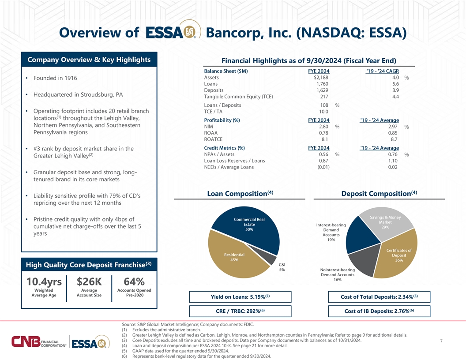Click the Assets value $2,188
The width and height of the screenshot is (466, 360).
point(321,78)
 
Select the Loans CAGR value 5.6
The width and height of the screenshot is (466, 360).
point(395,84)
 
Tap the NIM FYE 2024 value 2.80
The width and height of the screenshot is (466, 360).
point(323,127)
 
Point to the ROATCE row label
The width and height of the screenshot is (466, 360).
point(213,139)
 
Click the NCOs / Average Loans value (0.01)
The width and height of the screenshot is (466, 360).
point(323,167)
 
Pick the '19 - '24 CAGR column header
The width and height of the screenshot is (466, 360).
point(382,71)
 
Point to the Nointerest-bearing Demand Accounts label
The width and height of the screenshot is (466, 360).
point(337,274)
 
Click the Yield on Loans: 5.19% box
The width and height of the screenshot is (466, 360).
point(240,297)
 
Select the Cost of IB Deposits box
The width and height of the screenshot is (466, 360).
point(379,311)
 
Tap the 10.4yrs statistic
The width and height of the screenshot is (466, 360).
point(44,281)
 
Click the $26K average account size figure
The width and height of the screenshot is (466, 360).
point(89,281)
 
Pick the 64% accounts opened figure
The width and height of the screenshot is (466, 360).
point(134,281)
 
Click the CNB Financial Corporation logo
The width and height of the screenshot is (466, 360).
point(39,341)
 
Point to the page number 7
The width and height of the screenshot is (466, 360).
point(441,341)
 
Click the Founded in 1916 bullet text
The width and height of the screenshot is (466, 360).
point(55,78)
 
